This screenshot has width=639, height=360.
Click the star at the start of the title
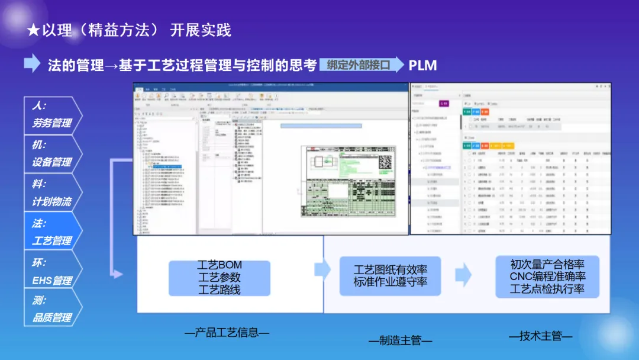click(x=33, y=31)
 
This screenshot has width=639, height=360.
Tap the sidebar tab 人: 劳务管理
click(x=51, y=114)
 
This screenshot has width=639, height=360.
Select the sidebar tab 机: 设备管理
click(x=51, y=153)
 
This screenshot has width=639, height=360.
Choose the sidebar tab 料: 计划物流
click(x=51, y=192)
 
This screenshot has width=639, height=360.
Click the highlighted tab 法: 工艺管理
click(x=51, y=232)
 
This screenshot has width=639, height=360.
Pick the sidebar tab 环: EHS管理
click(x=51, y=271)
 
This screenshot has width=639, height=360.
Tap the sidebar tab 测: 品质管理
click(x=51, y=309)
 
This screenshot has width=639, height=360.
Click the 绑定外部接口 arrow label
click(x=360, y=65)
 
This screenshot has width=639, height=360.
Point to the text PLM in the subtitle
click(x=422, y=65)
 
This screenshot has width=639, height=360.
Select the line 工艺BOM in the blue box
click(x=220, y=265)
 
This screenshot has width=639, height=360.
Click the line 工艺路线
click(x=220, y=290)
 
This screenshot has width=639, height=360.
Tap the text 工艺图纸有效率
click(x=390, y=270)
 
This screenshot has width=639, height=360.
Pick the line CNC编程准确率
click(x=547, y=277)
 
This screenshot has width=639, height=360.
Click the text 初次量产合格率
click(x=547, y=264)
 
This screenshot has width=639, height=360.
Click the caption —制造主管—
click(x=400, y=340)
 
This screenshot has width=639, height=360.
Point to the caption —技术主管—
click(x=540, y=336)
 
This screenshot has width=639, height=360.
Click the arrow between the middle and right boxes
click(x=463, y=275)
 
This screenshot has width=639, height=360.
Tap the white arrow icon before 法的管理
click(x=32, y=64)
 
